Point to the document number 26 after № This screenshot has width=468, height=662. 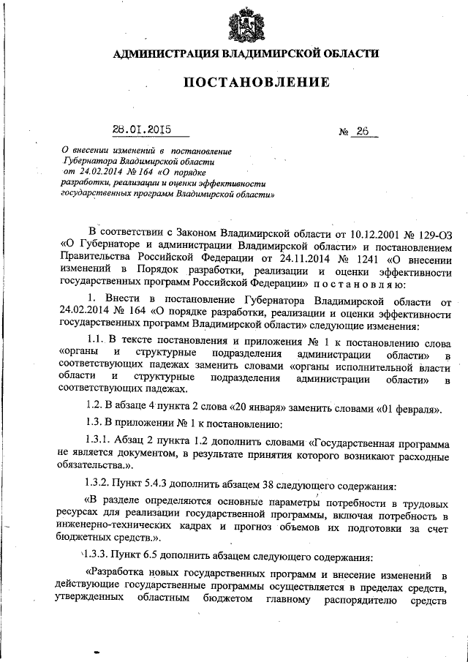click(x=363, y=132)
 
